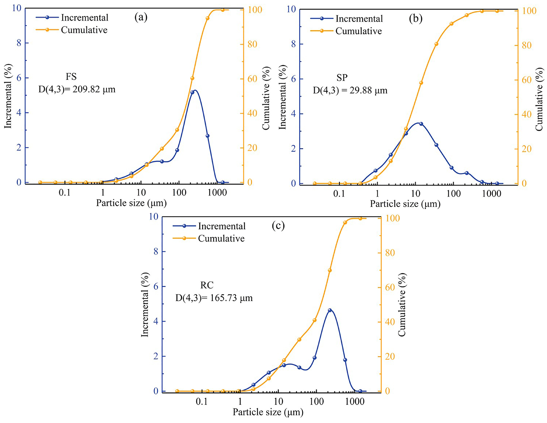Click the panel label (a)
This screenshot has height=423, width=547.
click(x=141, y=17)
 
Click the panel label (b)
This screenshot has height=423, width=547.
click(x=415, y=18)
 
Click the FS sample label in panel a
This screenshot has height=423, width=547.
click(x=71, y=76)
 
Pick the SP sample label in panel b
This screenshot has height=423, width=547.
click(x=342, y=77)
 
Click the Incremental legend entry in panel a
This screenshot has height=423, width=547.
click(x=84, y=17)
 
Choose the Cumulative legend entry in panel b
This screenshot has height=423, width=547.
click(x=358, y=31)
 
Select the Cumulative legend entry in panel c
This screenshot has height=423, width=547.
click(x=221, y=238)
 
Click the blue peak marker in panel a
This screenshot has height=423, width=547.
click(x=192, y=92)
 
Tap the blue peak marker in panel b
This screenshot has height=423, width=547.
click(x=421, y=124)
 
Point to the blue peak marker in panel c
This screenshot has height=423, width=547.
click(x=330, y=310)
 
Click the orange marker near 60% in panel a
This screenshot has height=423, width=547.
click(x=192, y=78)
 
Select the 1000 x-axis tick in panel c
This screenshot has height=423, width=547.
click(x=355, y=402)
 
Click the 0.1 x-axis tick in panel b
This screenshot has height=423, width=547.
click(x=339, y=194)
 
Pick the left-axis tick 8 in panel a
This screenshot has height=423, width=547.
click(x=19, y=43)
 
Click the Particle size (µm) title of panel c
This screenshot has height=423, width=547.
click(x=268, y=412)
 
